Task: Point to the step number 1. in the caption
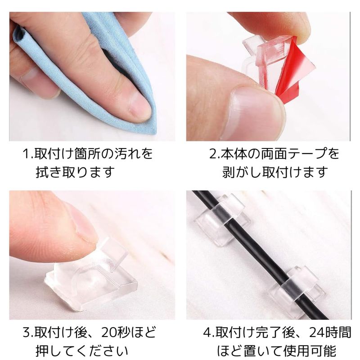pos(28,154)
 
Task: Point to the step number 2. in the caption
pos(215,154)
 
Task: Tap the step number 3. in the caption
pos(28,332)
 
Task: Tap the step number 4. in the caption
pos(209,332)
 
